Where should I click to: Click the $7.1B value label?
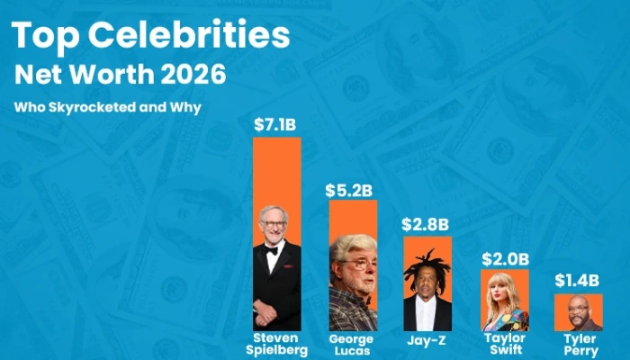(x=275, y=124)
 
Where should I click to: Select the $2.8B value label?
(x=427, y=223)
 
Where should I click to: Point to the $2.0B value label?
(x=505, y=258)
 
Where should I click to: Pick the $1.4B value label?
(x=578, y=280)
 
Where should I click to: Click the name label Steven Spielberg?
(x=276, y=344)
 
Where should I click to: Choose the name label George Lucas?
(x=352, y=344)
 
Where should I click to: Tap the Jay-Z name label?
(x=427, y=340)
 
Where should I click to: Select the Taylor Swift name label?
(x=505, y=343)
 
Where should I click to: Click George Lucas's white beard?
(x=352, y=280)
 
